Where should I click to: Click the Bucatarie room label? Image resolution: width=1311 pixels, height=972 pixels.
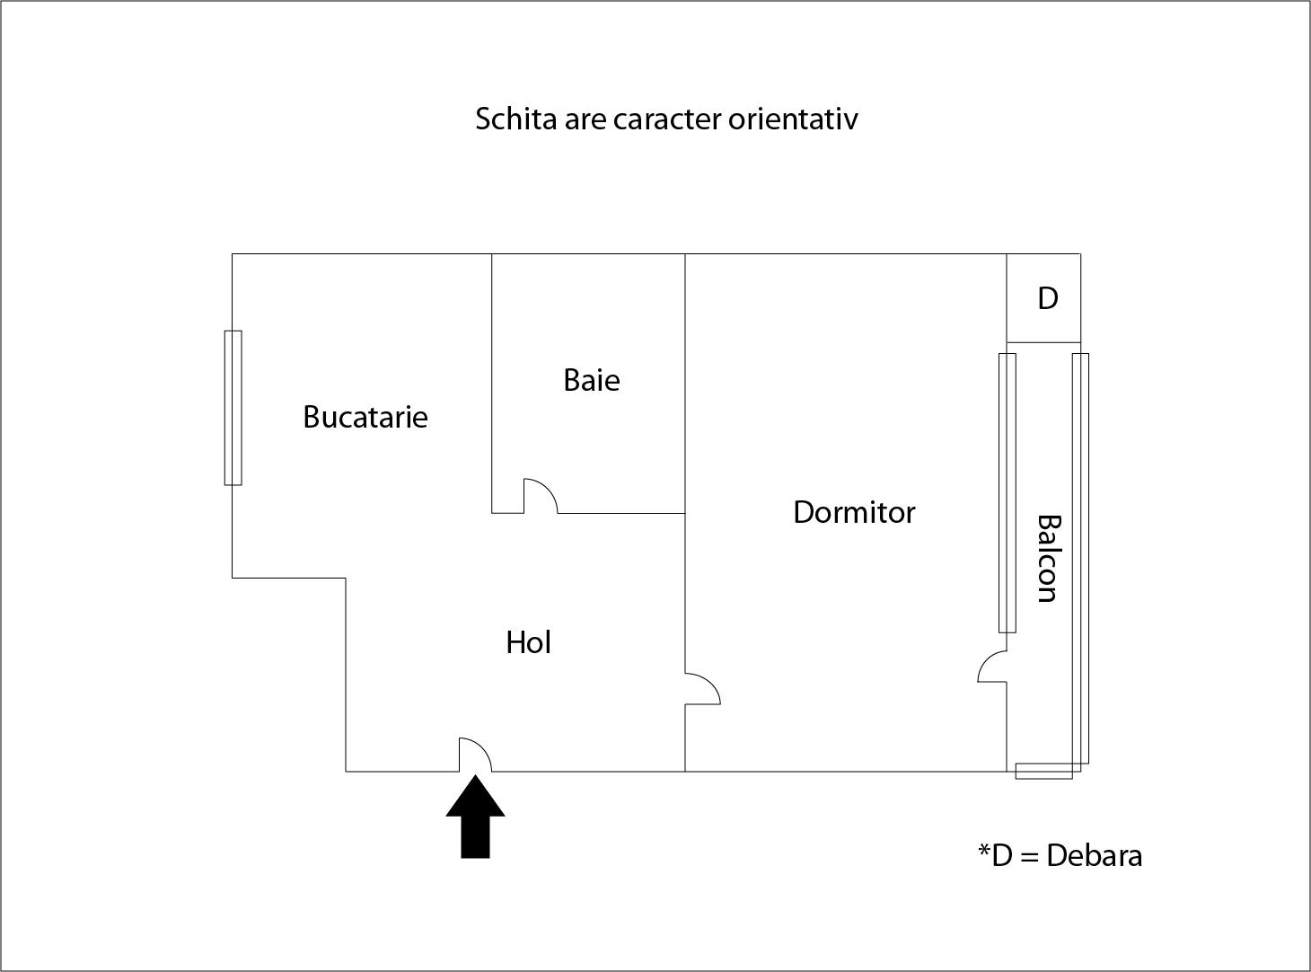coord(365,417)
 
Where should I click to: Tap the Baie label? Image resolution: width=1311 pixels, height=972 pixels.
coord(591,380)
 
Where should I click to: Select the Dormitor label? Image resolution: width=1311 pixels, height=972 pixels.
coord(854,512)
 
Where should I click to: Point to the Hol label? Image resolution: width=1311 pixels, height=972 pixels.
coord(528,642)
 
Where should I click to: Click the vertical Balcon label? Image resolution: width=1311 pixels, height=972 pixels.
coord(1048,558)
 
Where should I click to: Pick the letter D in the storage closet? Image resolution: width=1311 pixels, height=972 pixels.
coord(1047,298)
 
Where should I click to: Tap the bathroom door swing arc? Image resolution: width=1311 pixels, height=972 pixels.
coord(541,496)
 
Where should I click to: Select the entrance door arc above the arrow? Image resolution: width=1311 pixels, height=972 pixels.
coord(475,755)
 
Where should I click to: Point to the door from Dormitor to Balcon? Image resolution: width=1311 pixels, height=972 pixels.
coord(992,668)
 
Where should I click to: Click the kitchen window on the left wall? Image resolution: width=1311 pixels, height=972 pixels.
coord(233,408)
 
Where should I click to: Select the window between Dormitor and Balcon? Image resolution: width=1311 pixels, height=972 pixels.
coord(1007,492)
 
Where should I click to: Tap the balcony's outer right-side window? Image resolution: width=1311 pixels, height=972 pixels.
coord(1080,558)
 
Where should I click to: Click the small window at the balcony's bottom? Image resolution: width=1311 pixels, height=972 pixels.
coord(1043,771)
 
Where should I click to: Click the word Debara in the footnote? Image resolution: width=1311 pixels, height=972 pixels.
coord(1094,855)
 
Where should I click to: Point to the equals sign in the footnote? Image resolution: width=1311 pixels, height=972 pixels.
coord(1029,856)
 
